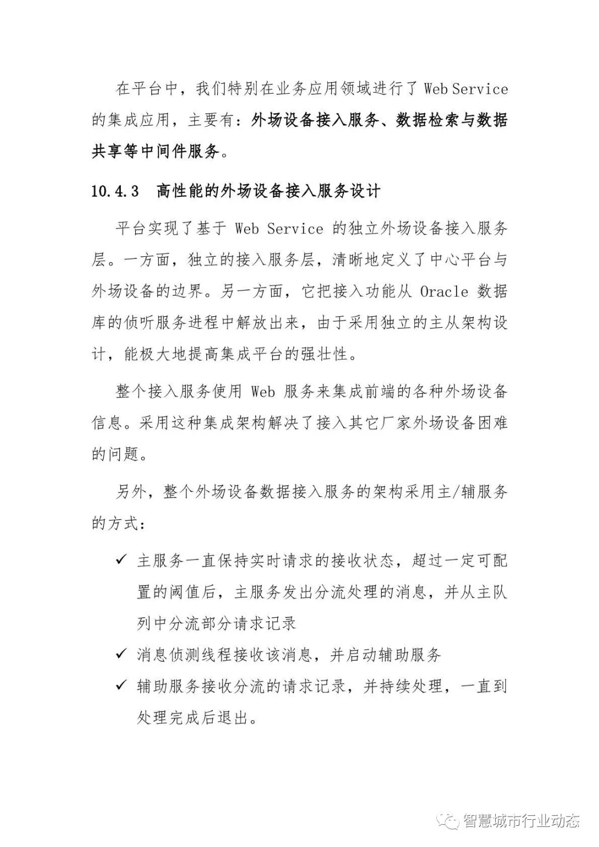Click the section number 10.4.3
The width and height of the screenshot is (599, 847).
[x=115, y=191]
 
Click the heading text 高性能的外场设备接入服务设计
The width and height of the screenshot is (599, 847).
[x=268, y=191]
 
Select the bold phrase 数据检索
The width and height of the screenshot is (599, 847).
[x=428, y=120]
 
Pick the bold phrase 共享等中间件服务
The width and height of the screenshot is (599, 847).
[x=155, y=151]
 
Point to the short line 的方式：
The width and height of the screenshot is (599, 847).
[x=119, y=523]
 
